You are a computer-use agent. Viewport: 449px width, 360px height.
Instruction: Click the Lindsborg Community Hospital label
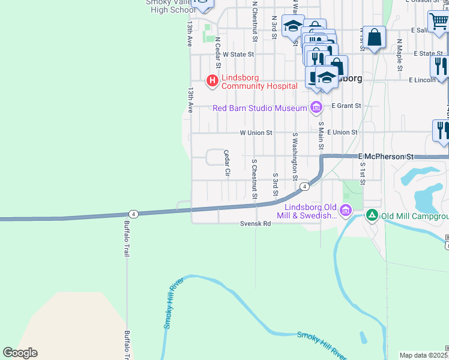point(259,82)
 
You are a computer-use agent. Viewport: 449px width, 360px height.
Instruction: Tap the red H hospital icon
point(211,80)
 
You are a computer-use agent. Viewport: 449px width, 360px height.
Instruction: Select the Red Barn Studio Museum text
point(260,108)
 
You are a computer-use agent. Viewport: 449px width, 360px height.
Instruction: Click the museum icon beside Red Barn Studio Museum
point(316,108)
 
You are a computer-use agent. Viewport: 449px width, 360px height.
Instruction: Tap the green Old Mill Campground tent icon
point(372,215)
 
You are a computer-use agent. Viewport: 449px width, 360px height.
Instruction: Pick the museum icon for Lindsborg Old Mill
point(345,211)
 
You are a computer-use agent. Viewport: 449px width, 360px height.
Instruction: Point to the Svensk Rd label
point(256,224)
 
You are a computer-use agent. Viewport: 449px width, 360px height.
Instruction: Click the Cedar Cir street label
point(228,163)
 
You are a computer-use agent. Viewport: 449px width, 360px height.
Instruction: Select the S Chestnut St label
point(255,179)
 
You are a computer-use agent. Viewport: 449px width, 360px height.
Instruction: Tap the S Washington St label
point(295,156)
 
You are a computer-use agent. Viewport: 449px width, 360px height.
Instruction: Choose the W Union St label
point(256,133)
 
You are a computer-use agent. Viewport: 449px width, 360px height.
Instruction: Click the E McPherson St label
point(386,157)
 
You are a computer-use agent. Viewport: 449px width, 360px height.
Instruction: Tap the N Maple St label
point(399,55)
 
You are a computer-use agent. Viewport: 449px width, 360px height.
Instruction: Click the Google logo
point(20,353)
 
